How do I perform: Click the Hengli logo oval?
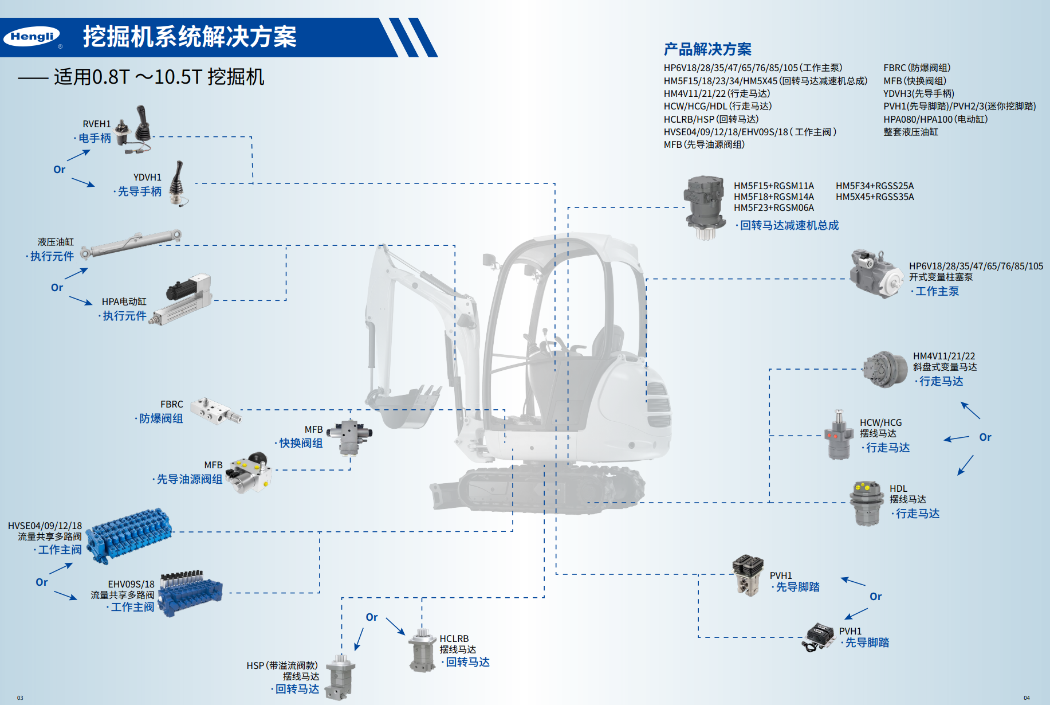[x=32, y=37]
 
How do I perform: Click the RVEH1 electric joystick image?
[x=135, y=129]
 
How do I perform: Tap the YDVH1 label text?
[x=147, y=177]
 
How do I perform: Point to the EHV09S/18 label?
[x=131, y=584]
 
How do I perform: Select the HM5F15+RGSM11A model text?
[x=773, y=186]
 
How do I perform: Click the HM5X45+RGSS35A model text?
[x=875, y=197]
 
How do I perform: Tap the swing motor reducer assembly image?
[x=704, y=207]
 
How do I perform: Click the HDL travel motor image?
[x=867, y=503]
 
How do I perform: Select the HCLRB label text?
[x=454, y=639]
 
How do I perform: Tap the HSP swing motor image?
[x=340, y=678]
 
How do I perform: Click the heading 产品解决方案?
[x=707, y=49]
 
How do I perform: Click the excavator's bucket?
[x=404, y=408]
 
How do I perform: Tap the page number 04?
[x=1027, y=698]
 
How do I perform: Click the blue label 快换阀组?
[x=301, y=443]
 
